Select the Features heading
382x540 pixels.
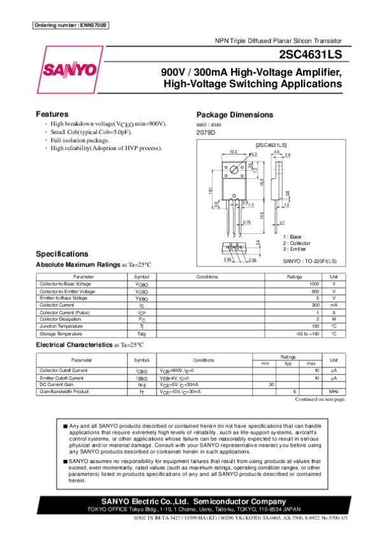[x=52, y=114]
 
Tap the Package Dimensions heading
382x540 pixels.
[x=234, y=115]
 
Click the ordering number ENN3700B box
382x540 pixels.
[x=70, y=25]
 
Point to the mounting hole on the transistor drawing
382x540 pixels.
[x=234, y=170]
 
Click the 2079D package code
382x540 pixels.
[x=206, y=132]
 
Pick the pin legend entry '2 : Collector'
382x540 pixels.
[x=297, y=243]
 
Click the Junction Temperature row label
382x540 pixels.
[x=61, y=326]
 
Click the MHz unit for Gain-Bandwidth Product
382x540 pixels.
[x=333, y=392]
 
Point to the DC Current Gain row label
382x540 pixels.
[x=57, y=385]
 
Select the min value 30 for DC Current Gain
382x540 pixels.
[x=271, y=385]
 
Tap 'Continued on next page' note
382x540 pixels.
[x=321, y=399]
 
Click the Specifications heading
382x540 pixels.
[x=62, y=253]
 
